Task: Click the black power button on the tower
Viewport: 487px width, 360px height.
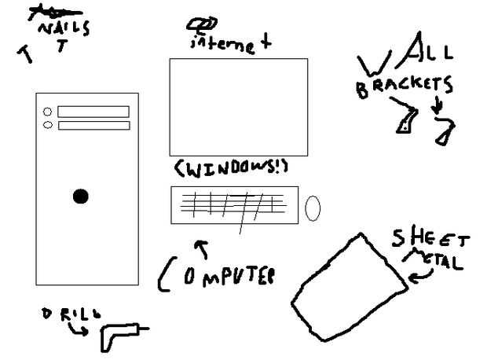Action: pyautogui.click(x=81, y=197)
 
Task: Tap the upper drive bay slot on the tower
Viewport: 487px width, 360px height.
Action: pyautogui.click(x=92, y=112)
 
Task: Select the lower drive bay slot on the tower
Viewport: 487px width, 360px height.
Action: pyautogui.click(x=92, y=125)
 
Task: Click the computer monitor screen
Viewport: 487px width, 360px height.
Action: pyautogui.click(x=238, y=107)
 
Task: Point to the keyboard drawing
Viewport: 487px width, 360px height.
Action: pyautogui.click(x=233, y=205)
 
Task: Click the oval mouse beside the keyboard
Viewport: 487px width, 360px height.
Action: pyautogui.click(x=313, y=208)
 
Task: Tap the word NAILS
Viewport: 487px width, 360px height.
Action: pyautogui.click(x=64, y=29)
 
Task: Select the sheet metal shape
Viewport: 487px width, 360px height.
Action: pyautogui.click(x=349, y=287)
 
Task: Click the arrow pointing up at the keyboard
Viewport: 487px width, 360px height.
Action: pyautogui.click(x=203, y=249)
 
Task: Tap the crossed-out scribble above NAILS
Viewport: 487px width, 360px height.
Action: pyautogui.click(x=46, y=12)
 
